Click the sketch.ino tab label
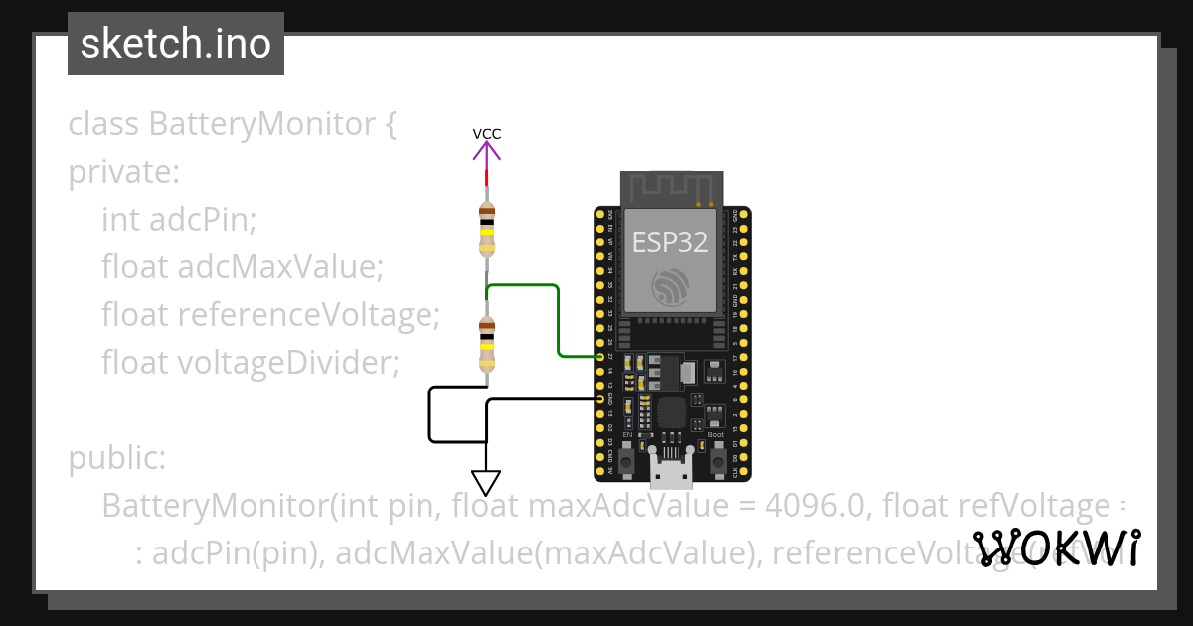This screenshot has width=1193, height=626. click(x=175, y=44)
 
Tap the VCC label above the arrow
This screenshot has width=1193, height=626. click(x=486, y=134)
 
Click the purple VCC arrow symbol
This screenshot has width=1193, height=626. click(x=486, y=151)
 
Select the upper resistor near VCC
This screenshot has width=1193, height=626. click(x=486, y=229)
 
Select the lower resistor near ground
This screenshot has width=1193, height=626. click(x=486, y=343)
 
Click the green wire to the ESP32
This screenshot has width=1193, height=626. click(x=557, y=318)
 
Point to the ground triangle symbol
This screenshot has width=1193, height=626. click(x=486, y=482)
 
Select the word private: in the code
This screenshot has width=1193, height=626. click(x=124, y=173)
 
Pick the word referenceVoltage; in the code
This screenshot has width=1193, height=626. click(x=308, y=315)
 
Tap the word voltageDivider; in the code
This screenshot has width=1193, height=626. click(x=288, y=363)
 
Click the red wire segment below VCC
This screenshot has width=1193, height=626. click(x=486, y=178)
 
